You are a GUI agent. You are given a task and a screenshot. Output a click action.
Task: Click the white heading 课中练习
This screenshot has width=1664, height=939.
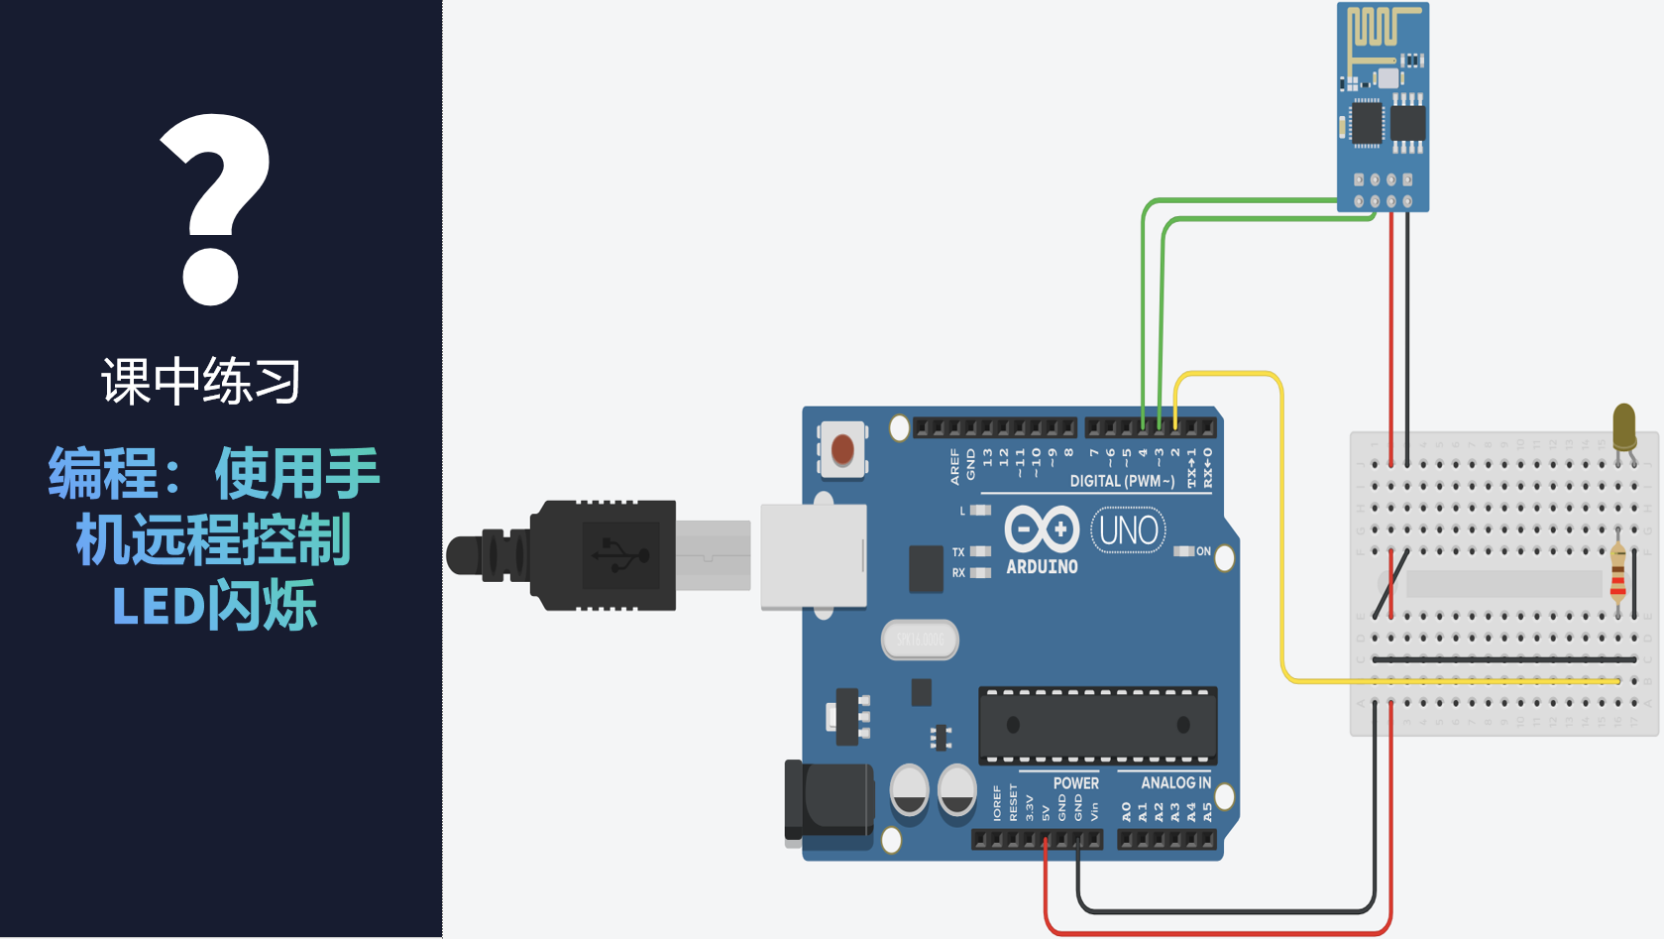201,382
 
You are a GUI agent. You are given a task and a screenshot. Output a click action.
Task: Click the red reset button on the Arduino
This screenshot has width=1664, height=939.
842,449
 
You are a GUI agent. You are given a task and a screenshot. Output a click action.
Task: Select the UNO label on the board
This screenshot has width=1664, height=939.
1128,530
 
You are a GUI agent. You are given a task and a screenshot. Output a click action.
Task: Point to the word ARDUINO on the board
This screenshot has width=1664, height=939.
1042,567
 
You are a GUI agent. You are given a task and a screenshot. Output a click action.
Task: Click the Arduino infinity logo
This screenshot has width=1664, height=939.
1042,528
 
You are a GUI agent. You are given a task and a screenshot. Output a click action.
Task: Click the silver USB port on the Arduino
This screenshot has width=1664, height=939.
814,555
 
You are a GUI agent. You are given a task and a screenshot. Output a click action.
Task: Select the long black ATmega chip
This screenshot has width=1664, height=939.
1097,725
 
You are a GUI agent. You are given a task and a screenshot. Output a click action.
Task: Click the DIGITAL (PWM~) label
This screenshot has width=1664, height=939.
1122,481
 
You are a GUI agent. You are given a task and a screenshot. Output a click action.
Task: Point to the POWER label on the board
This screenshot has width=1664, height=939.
1075,783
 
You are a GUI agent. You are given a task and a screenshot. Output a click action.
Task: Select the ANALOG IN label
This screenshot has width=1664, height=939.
1175,783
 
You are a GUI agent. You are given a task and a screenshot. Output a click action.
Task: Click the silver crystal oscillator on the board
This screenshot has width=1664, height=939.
920,640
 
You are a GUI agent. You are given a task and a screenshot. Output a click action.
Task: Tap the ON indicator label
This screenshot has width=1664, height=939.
1203,551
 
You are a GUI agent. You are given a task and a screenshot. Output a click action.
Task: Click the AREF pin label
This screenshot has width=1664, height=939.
955,466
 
